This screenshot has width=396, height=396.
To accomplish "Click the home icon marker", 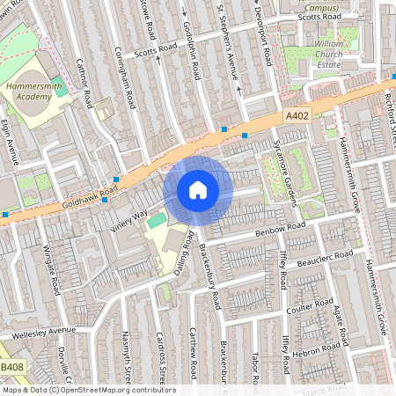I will point(198,190).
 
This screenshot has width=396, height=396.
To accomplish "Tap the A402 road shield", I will point(297,114).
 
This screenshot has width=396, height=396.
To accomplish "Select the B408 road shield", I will point(11,366).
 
